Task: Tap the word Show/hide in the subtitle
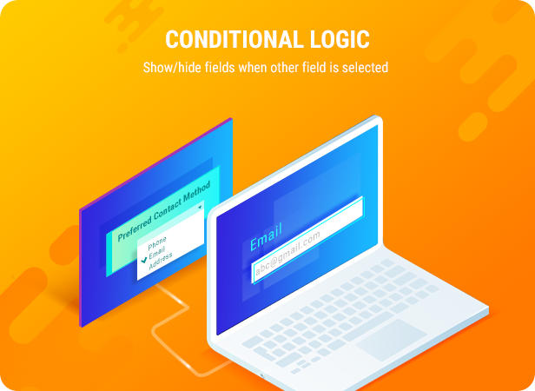tap(168, 67)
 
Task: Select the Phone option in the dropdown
tap(157, 241)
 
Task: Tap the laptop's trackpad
tap(392, 338)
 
